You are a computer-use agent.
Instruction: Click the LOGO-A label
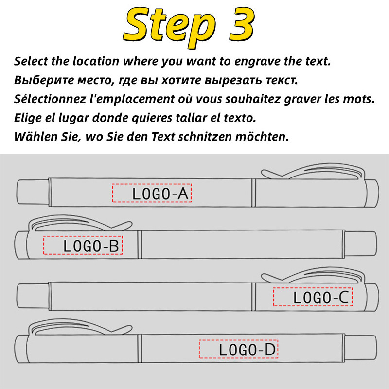click(x=153, y=194)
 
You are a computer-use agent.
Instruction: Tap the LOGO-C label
click(x=313, y=297)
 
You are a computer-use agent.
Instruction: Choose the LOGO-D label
click(x=239, y=350)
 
